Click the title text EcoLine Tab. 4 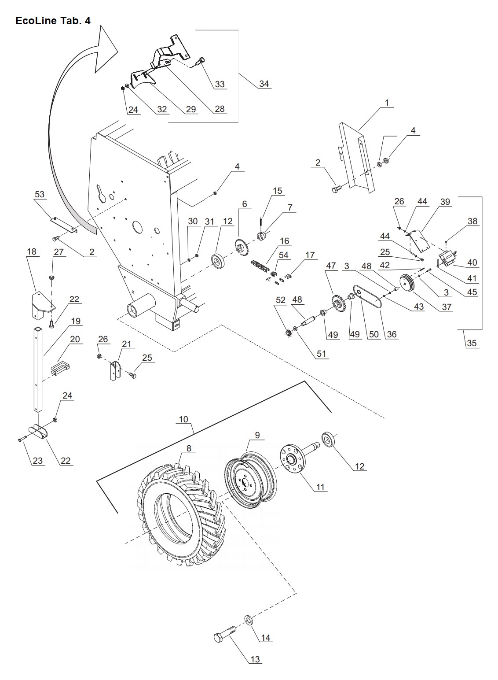coord(53,21)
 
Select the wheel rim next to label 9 coord(249,480)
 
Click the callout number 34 coord(264,84)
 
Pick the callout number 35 coord(472,343)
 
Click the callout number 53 coord(40,194)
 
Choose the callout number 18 coord(32,252)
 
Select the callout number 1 coord(387,103)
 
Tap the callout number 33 coord(220,84)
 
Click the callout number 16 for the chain coord(284,241)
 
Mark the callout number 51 coord(322,353)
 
